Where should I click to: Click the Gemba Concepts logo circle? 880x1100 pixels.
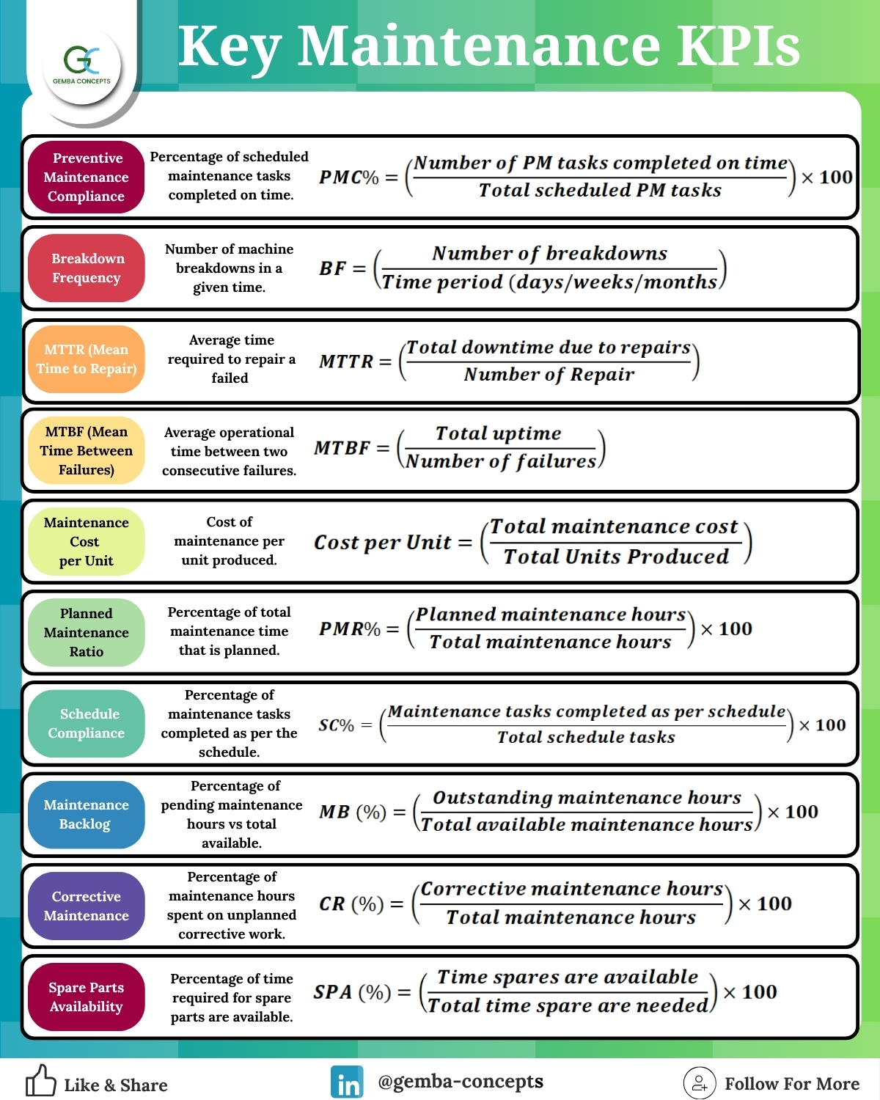(82, 66)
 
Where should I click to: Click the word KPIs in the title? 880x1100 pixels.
(739, 46)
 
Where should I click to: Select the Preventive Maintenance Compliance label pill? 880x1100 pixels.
(86, 177)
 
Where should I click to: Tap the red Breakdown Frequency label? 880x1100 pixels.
(86, 268)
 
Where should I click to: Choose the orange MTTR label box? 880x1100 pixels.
(86, 359)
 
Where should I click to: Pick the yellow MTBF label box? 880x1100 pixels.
(86, 450)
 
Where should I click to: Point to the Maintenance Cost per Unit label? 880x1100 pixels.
(86, 541)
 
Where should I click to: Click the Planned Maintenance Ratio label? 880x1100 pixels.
(86, 632)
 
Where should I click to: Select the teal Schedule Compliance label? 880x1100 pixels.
(86, 723)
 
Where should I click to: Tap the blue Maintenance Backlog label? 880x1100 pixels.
(86, 814)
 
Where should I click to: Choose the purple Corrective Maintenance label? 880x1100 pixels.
(86, 906)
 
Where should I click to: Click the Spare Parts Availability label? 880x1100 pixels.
(86, 997)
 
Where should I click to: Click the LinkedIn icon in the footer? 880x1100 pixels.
(347, 1081)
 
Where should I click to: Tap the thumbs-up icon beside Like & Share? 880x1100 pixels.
(40, 1080)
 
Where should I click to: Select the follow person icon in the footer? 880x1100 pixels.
(700, 1082)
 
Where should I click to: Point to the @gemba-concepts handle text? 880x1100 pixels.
(461, 1082)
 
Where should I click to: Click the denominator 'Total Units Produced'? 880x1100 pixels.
(616, 557)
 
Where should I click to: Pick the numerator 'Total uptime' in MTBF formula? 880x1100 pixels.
(498, 433)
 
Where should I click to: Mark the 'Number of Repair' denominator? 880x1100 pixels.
(549, 375)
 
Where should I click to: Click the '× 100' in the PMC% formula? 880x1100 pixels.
(826, 177)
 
